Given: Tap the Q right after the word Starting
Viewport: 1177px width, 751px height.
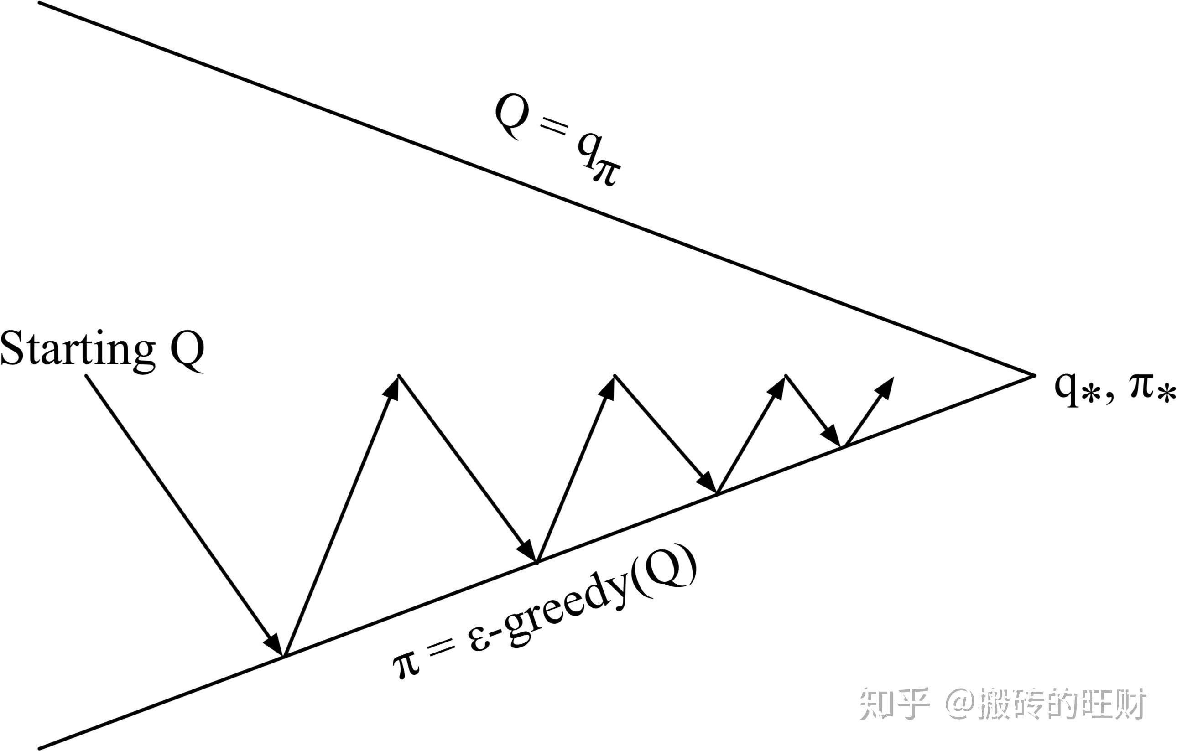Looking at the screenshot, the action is (x=187, y=350).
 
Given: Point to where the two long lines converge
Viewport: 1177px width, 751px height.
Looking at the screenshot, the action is (x=1035, y=375).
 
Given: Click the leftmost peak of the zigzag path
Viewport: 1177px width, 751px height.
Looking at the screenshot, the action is (x=399, y=375).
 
